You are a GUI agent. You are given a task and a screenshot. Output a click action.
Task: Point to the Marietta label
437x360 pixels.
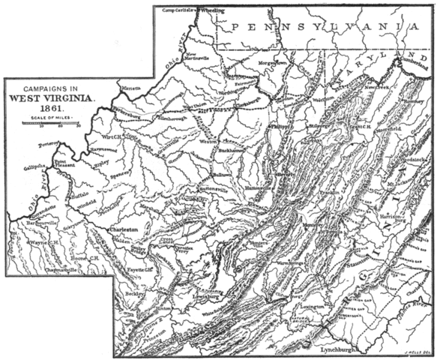pyautogui.click(x=132, y=88)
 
